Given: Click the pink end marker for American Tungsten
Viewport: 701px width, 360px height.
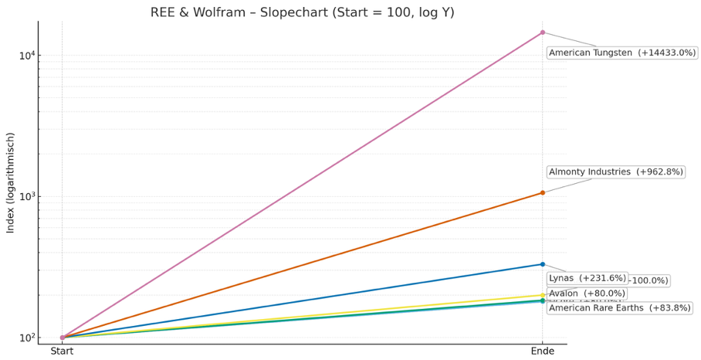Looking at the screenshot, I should tap(542, 32).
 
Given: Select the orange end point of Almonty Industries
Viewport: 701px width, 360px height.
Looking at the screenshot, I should tap(542, 192).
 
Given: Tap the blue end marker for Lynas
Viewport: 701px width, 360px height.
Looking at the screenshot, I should tap(542, 264).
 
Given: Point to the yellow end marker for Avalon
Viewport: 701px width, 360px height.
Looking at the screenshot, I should tap(542, 295).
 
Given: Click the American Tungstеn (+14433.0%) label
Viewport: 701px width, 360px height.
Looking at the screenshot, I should tap(621, 53).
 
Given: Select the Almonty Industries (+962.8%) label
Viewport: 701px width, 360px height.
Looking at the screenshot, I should tap(615, 172).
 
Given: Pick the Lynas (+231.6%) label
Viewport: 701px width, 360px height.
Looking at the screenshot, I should tap(587, 278).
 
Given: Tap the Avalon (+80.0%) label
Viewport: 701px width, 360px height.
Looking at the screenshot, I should tap(587, 294).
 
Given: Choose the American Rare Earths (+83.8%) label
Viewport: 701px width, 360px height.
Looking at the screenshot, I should tap(619, 307).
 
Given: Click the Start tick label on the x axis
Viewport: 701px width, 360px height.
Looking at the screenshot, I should tap(63, 352).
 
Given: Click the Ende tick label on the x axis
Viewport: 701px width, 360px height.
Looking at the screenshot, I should tap(542, 352).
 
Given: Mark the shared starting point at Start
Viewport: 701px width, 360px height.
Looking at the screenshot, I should tap(63, 338).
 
